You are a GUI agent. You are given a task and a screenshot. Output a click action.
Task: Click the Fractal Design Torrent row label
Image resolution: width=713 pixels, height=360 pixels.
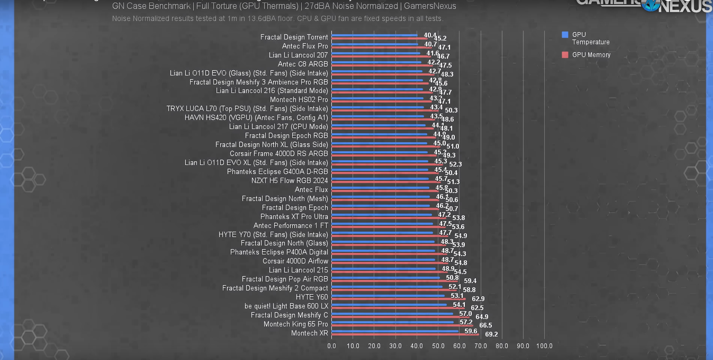coord(294,37)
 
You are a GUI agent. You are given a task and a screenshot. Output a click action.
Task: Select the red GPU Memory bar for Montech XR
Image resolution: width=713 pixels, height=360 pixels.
coord(405,335)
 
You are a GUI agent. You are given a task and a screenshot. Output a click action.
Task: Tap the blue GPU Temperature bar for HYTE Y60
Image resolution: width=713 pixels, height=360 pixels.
coord(388,296)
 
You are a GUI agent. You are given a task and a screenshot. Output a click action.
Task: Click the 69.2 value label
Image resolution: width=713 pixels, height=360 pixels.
coord(491,334)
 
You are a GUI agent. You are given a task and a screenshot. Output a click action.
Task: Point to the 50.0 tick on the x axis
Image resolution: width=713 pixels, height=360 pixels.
coord(438,346)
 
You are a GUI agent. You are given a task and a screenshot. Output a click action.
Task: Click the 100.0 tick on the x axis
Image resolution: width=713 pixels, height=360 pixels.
coord(544,346)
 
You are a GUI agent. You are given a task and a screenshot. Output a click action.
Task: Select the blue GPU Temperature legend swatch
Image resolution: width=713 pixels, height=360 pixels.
coord(565,35)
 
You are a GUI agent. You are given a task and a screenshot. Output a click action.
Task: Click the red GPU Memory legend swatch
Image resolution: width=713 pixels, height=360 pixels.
coord(565,55)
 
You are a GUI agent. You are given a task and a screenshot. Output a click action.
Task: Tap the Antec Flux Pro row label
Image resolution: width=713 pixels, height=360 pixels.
coord(305,46)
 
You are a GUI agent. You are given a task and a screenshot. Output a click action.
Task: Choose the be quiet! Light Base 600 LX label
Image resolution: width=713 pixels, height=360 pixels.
coord(286,306)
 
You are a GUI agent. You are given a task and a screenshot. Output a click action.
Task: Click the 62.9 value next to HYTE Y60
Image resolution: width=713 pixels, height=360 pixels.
coord(478,299)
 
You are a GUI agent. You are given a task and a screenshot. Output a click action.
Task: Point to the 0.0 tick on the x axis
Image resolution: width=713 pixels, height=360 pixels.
coord(332,346)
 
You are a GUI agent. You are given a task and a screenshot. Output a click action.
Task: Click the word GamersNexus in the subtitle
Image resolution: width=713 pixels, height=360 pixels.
coord(430,6)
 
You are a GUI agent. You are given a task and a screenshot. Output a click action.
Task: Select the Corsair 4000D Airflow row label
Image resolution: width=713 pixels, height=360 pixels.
coord(295,261)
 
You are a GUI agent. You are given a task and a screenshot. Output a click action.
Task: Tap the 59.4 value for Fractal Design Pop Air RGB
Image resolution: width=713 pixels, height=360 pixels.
coord(470,281)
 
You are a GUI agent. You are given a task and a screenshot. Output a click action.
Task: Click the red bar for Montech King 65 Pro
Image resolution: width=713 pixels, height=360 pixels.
coord(402,326)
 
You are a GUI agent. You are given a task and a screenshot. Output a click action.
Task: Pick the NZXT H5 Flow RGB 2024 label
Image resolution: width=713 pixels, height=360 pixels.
coord(289,181)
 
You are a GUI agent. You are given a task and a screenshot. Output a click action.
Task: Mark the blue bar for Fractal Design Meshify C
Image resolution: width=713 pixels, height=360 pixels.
coord(392,314)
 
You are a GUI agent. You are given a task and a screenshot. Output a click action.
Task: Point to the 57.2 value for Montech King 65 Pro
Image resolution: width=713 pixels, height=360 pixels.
coord(466,322)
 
